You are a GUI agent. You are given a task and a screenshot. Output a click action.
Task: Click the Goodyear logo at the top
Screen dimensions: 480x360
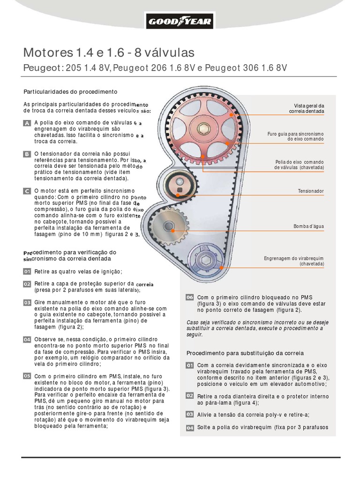tap(180, 21)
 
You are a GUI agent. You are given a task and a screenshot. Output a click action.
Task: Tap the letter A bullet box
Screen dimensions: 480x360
tap(27, 123)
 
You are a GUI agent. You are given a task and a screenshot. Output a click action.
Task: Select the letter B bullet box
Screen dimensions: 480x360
tap(27, 154)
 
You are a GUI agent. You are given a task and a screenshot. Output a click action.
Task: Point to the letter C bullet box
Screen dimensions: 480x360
tap(27, 191)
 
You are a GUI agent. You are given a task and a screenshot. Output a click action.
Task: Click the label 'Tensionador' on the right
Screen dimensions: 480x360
tap(311, 192)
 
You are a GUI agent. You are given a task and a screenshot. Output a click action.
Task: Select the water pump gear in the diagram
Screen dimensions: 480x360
tap(166, 226)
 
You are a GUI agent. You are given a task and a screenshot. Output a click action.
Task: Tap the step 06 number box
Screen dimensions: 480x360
tap(190, 297)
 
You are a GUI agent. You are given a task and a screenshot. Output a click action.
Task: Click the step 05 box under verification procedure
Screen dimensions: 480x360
tap(27, 376)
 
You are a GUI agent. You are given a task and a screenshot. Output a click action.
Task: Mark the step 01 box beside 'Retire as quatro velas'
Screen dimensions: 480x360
tap(27, 271)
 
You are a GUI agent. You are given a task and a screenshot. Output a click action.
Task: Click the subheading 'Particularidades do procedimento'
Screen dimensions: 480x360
tap(70, 91)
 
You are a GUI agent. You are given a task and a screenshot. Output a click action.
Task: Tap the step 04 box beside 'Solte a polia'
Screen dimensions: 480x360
tap(190, 427)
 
